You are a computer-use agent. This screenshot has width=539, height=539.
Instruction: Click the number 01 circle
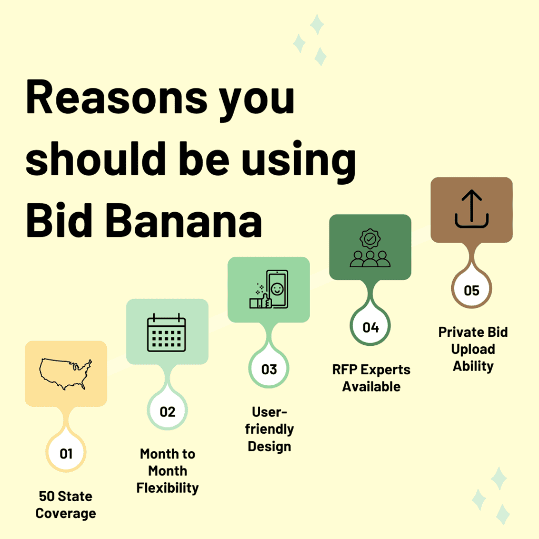pyautogui.click(x=66, y=453)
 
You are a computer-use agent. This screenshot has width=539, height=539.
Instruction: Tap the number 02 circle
pyautogui.click(x=167, y=411)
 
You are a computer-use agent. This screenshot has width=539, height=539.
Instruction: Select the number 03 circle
pyautogui.click(x=269, y=369)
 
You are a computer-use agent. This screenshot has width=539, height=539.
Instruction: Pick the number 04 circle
pyautogui.click(x=371, y=327)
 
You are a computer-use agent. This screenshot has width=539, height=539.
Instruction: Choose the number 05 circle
pyautogui.click(x=472, y=290)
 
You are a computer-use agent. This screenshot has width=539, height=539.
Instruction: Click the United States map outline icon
pyautogui.click(x=66, y=374)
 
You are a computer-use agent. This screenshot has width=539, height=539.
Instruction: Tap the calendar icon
pyautogui.click(x=167, y=333)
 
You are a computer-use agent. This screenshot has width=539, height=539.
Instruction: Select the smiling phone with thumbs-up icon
pyautogui.click(x=268, y=290)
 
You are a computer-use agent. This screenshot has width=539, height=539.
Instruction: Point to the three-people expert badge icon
pyautogui.click(x=370, y=247)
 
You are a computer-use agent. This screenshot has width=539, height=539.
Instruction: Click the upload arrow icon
pyautogui.click(x=472, y=209)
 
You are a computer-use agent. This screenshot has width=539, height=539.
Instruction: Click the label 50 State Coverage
pyautogui.click(x=66, y=505)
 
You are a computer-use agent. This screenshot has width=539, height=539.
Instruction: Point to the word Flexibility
pyautogui.click(x=167, y=488)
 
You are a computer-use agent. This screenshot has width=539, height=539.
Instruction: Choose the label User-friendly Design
pyautogui.click(x=269, y=429)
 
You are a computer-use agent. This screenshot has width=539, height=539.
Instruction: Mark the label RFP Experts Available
pyautogui.click(x=371, y=378)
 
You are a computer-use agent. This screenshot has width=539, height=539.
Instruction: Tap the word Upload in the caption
pyautogui.click(x=473, y=349)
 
